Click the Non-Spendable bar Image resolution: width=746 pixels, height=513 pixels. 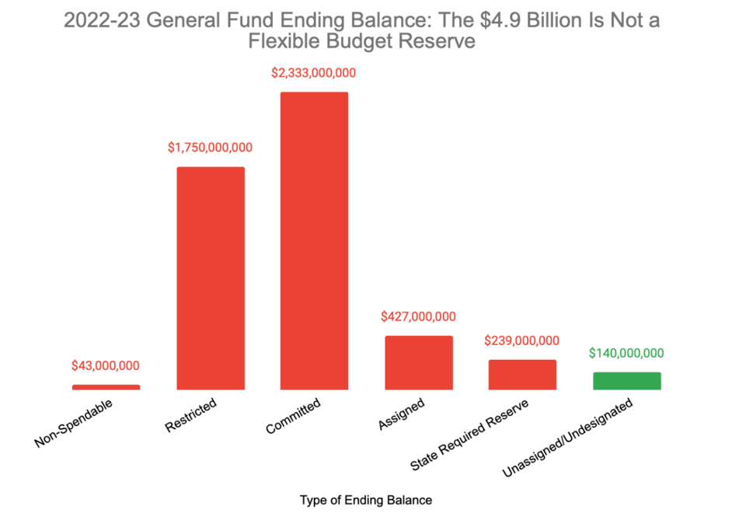pyautogui.click(x=106, y=386)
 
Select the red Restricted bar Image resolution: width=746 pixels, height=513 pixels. pyautogui.click(x=211, y=278)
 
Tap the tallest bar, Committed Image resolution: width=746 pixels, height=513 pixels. pyautogui.click(x=314, y=241)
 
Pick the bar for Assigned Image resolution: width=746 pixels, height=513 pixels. pyautogui.click(x=418, y=362)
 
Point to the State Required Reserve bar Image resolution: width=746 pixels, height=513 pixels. pyautogui.click(x=522, y=375)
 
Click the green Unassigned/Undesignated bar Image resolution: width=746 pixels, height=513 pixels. pyautogui.click(x=626, y=381)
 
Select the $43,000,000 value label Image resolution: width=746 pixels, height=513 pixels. pyautogui.click(x=106, y=365)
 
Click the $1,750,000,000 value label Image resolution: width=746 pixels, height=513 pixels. pyautogui.click(x=211, y=148)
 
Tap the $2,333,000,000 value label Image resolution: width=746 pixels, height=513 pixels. pyautogui.click(x=314, y=73)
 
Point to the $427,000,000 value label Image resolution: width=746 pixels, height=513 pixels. pyautogui.click(x=418, y=316)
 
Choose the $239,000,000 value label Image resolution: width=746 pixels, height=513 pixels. pyautogui.click(x=522, y=340)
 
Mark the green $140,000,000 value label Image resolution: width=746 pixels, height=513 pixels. pyautogui.click(x=626, y=353)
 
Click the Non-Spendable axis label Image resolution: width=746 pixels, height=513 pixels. pyautogui.click(x=74, y=424)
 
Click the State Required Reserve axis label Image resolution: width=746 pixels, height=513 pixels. pyautogui.click(x=470, y=436)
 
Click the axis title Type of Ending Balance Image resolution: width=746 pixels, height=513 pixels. pyautogui.click(x=366, y=500)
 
